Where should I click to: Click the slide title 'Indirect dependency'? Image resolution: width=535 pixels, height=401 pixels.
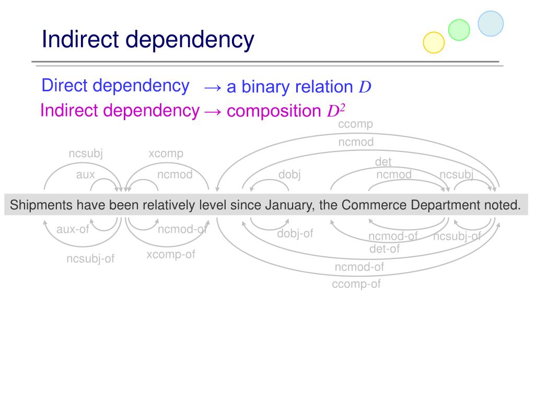tap(148, 40)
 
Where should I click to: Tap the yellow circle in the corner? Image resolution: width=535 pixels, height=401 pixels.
tap(433, 42)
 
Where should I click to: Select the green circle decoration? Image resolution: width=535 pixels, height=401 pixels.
tap(459, 30)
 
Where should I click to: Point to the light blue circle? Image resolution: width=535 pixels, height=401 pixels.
tap(491, 23)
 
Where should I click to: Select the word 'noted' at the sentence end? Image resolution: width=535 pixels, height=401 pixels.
tap(501, 205)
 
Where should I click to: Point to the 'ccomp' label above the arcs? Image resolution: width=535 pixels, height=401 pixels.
tap(355, 124)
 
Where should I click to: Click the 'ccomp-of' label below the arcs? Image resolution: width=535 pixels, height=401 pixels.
tap(356, 284)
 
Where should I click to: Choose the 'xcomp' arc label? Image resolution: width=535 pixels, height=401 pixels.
tap(166, 154)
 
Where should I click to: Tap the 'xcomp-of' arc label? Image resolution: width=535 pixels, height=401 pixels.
tap(171, 255)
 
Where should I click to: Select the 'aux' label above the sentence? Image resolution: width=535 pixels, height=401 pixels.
tap(86, 175)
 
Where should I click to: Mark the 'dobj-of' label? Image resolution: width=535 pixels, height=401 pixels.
tap(295, 233)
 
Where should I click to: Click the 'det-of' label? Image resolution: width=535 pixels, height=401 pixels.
tap(384, 249)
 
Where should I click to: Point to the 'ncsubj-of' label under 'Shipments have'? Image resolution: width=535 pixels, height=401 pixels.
tap(90, 258)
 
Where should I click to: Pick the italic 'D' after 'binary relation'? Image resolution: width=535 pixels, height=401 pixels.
tap(365, 87)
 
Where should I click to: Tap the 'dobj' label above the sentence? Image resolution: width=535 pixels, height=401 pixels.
tap(289, 175)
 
